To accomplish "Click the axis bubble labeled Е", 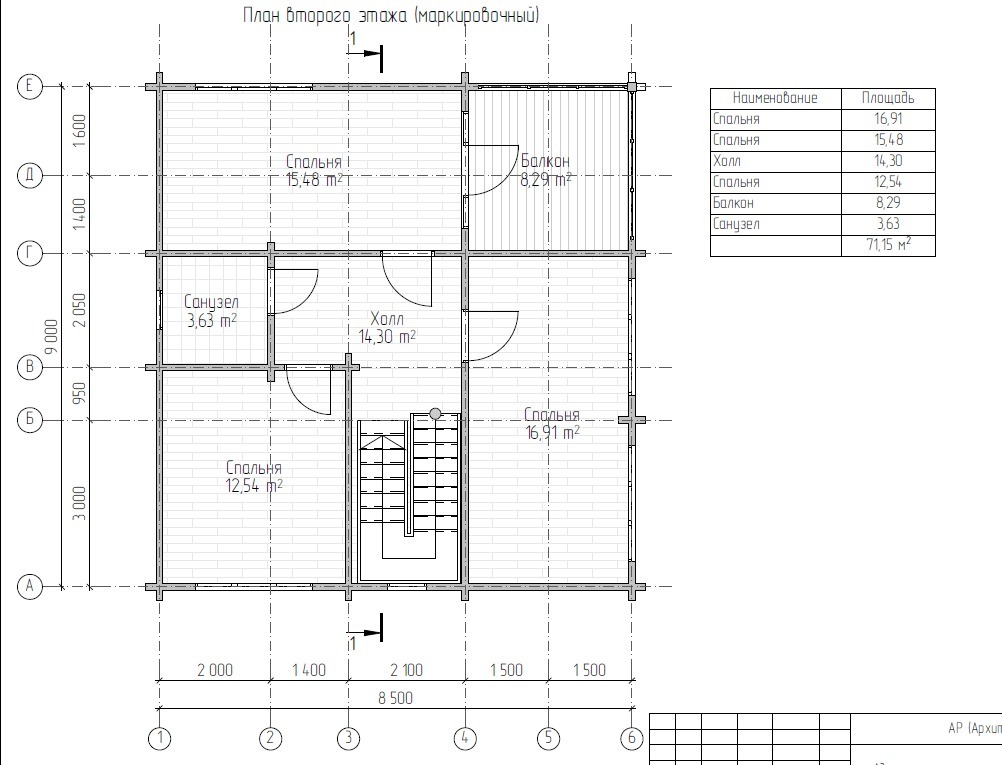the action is [29, 86].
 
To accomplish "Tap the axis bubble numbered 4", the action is [465, 738].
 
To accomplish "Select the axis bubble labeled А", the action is [29, 586].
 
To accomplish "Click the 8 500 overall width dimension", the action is [396, 698].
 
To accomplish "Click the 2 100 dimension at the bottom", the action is [406, 670].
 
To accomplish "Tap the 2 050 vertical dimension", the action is [79, 311].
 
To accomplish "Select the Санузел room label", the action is [212, 302].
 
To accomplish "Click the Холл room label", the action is [387, 318].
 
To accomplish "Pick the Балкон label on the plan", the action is [545, 161].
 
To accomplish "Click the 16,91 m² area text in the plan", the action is [553, 433].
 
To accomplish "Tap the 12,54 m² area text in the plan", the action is [254, 486].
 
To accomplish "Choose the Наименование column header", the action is [775, 98].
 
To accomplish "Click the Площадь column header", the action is [888, 98].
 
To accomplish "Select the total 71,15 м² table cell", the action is [888, 245].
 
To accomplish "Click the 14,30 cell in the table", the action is [888, 160].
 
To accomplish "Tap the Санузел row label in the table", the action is [736, 224].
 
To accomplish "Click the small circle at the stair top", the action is [435, 414].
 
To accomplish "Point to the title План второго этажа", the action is [325, 15].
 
